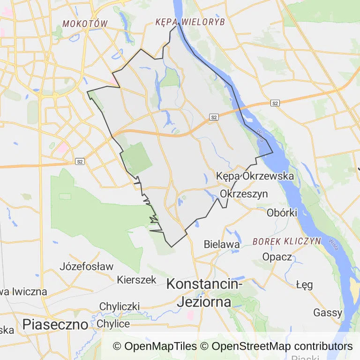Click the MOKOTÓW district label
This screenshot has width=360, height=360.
pyautogui.click(x=85, y=23)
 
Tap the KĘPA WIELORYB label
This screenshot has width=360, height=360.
pyautogui.click(x=190, y=22)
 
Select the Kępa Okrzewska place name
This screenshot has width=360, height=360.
pyautogui.click(x=255, y=176)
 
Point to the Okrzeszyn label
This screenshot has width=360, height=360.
pyautogui.click(x=244, y=194)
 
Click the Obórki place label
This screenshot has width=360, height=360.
pyautogui.click(x=282, y=212)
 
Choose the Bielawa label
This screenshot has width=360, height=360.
pyautogui.click(x=222, y=244)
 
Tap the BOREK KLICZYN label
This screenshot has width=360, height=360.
pyautogui.click(x=286, y=241)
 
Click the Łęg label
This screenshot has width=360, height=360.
pyautogui.click(x=305, y=285)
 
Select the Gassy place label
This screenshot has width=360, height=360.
pyautogui.click(x=328, y=312)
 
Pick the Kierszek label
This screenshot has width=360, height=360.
pyautogui.click(x=136, y=279)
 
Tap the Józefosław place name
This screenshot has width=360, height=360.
pyautogui.click(x=87, y=267)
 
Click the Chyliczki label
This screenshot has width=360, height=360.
pyautogui.click(x=119, y=307)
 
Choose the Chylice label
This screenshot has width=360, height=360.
pyautogui.click(x=113, y=324)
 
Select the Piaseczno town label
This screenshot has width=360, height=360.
pyautogui.click(x=55, y=324)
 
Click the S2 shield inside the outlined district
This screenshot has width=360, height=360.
pyautogui.click(x=214, y=117)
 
